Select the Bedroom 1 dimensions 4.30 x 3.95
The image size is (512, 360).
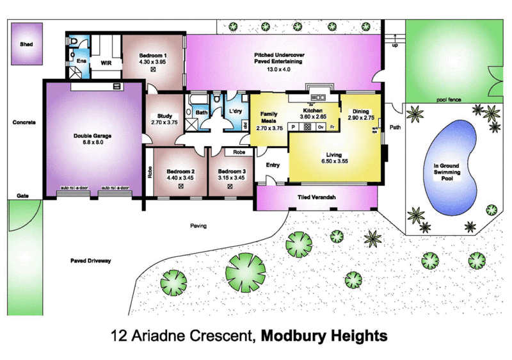point(153,62)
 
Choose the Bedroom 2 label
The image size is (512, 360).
point(180,172)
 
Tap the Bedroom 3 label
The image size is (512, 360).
point(231,172)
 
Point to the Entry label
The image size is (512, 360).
point(273,165)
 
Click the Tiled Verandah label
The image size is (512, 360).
point(317,198)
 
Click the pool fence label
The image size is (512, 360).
point(450,100)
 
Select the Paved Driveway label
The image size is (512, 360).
point(90,261)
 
